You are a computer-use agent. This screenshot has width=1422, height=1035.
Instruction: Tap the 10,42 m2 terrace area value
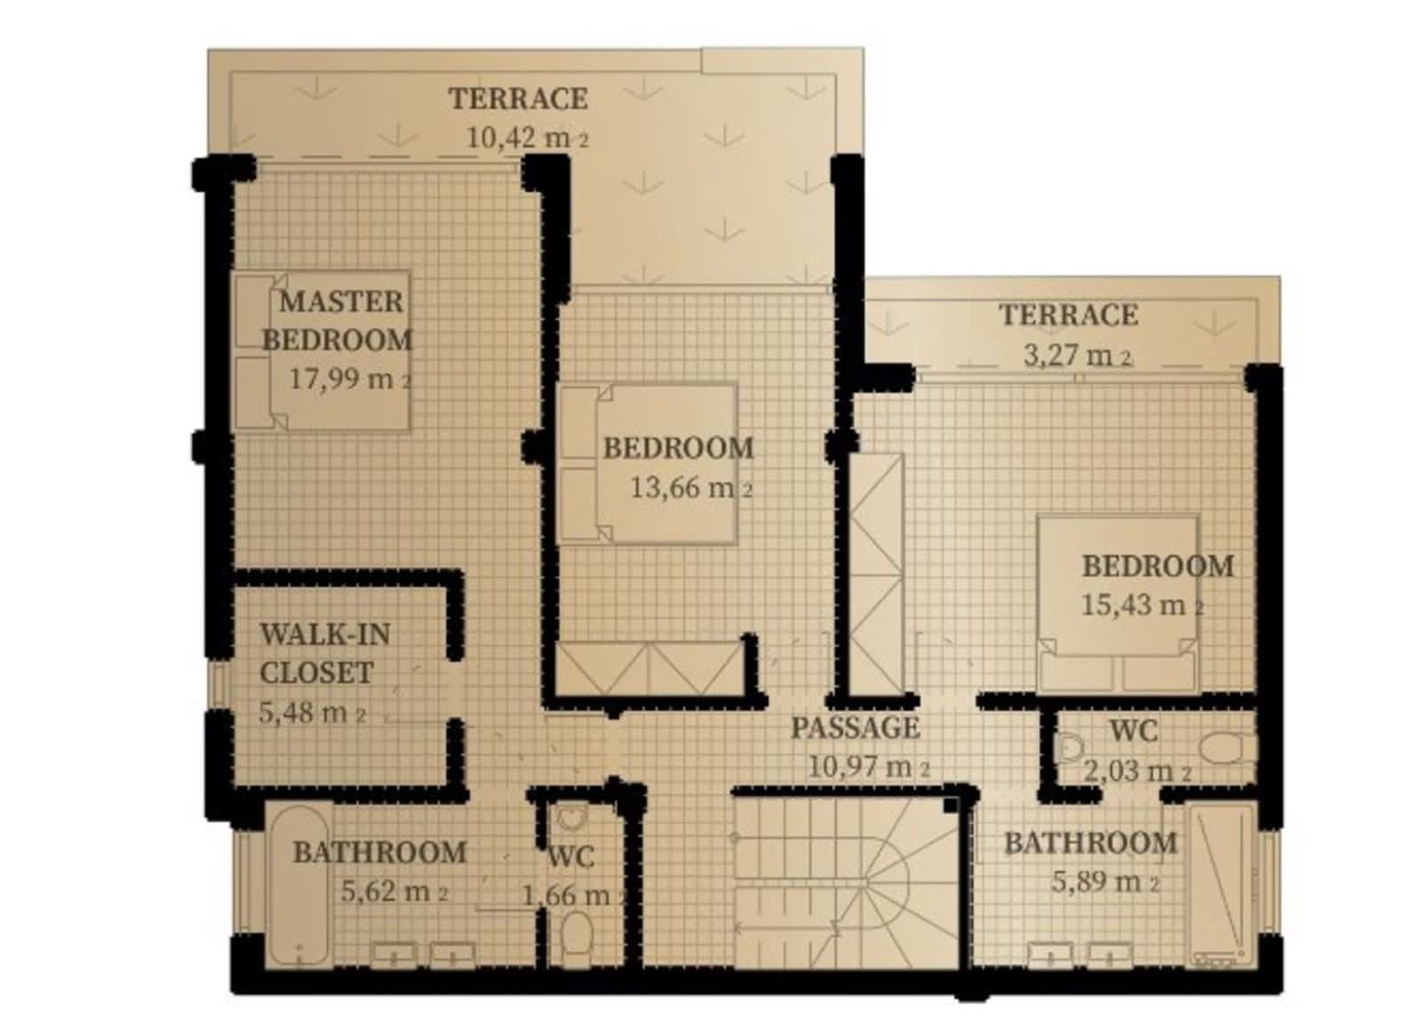click(x=528, y=138)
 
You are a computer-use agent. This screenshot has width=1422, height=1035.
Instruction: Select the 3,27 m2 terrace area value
click(x=1077, y=355)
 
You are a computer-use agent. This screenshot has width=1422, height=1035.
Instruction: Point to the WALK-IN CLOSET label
click(x=325, y=653)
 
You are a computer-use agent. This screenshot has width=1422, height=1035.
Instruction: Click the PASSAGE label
click(x=854, y=728)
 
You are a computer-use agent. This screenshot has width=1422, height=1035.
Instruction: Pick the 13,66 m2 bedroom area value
click(x=691, y=488)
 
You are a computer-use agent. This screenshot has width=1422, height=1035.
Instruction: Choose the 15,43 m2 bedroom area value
click(x=1142, y=604)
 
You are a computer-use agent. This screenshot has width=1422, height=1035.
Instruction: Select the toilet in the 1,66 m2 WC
click(x=577, y=934)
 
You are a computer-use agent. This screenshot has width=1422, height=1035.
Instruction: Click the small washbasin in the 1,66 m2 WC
click(x=571, y=818)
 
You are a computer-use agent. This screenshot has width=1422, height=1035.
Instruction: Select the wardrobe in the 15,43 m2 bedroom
click(x=876, y=574)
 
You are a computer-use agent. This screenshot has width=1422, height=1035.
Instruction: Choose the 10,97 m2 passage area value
click(x=868, y=768)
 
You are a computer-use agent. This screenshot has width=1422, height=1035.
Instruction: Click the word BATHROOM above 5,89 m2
click(x=1090, y=843)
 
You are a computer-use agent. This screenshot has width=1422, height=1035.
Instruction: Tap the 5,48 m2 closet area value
click(x=312, y=713)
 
